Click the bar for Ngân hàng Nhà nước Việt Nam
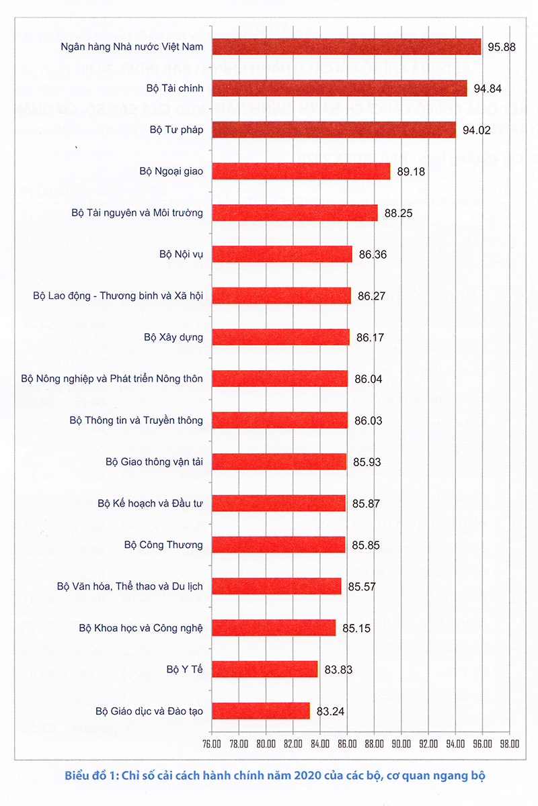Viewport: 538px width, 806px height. tap(346, 46)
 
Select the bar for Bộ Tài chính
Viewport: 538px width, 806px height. tap(340, 88)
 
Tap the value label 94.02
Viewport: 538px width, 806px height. tap(476, 130)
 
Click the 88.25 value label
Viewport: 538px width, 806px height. tap(398, 213)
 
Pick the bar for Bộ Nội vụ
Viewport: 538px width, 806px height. tap(282, 254)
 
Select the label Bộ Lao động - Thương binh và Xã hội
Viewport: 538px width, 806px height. tap(118, 296)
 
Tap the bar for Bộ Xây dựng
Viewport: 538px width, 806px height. tap(281, 337)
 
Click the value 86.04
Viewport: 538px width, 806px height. tap(369, 379)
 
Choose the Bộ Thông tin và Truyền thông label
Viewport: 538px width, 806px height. tap(136, 420)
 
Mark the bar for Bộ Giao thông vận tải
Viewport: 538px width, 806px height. tap(279, 461)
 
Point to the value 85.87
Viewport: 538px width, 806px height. tap(367, 503)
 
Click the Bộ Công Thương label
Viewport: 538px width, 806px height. tap(164, 545)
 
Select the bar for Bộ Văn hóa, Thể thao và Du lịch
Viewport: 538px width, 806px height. tap(276, 586)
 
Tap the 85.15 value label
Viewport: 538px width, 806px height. tap(356, 628)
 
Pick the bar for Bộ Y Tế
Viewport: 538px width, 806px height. tap(265, 669)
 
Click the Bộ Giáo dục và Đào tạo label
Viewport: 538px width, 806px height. tap(149, 711)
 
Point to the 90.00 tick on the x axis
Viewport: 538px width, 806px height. tap(401, 744)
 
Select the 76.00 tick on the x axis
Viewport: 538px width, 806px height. tap(211, 744)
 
